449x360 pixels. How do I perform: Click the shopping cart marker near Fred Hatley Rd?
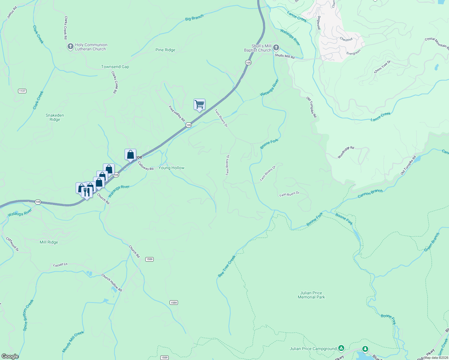coord(199,105)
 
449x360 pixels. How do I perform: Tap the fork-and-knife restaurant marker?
coord(87,192)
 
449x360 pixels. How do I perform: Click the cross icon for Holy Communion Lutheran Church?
coord(70,46)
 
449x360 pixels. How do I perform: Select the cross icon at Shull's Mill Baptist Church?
coord(276,48)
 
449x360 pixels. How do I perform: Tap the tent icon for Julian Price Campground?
coord(341,348)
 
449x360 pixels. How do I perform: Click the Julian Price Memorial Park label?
coord(311,295)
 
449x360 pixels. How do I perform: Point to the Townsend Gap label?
coord(115,67)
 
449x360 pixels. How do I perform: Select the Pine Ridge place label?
coord(165,50)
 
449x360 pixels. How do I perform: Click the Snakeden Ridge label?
coord(55,117)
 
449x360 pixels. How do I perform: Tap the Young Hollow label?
coord(171,168)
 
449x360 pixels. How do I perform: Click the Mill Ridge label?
coord(49,242)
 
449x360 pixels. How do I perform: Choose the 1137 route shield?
coord(22,91)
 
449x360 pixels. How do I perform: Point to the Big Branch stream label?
coord(194,18)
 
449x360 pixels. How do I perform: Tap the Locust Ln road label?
coord(60,265)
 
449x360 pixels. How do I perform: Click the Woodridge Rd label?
coord(346,152)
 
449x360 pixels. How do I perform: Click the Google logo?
coord(10,356)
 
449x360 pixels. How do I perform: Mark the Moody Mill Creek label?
coord(73,342)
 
